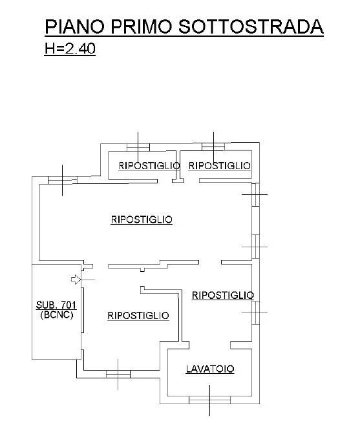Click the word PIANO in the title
(75, 26)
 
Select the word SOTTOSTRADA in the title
(251, 26)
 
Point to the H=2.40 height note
(70, 48)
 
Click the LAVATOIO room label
(210, 369)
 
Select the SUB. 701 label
(56, 305)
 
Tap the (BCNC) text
(57, 315)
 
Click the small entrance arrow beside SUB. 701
(76, 280)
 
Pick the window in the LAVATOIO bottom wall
(209, 400)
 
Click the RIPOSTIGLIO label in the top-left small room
(149, 166)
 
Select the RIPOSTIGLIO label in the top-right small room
(219, 166)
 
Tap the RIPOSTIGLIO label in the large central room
(142, 220)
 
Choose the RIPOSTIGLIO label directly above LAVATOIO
(223, 295)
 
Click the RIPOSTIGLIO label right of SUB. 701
(138, 315)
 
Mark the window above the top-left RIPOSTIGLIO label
(138, 147)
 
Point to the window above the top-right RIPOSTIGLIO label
(213, 147)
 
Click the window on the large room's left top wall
(63, 180)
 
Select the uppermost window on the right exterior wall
(256, 194)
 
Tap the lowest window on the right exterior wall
(256, 312)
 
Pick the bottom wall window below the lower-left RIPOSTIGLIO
(118, 374)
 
